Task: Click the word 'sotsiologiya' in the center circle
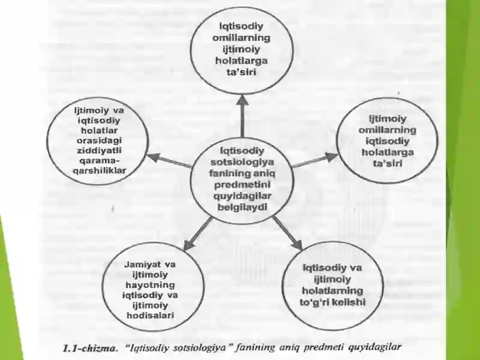click(242, 162)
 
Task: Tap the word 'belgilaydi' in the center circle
click(242, 207)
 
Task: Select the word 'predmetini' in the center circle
click(242, 185)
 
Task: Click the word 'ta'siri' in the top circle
click(242, 72)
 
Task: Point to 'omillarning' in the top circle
click(242, 38)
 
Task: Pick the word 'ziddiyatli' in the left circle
click(99, 151)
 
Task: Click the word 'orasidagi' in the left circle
click(99, 140)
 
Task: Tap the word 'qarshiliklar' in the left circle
click(99, 171)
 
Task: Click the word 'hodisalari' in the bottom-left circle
click(150, 316)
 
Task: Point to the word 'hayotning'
click(150, 284)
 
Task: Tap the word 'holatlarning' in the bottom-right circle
click(332, 290)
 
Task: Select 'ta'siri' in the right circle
click(387, 163)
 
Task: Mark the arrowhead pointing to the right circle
click(331, 157)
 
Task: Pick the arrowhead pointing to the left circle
click(154, 157)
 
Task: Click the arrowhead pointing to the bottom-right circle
click(296, 245)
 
